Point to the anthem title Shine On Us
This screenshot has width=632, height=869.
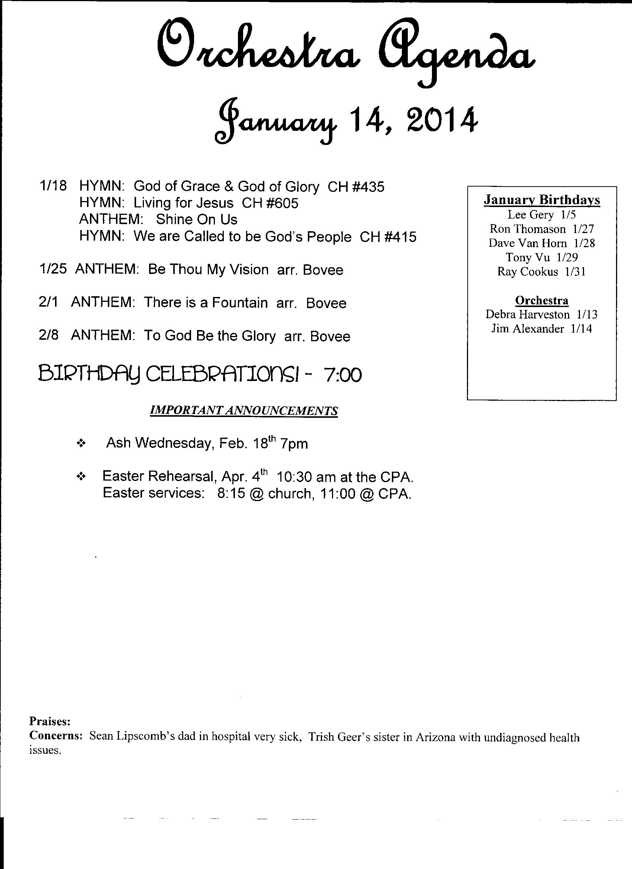coord(197,220)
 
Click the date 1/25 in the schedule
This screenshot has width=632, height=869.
coord(53,269)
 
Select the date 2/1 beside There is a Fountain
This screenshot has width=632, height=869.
coord(48,302)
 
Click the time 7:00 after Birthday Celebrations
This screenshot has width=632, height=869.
coord(343,375)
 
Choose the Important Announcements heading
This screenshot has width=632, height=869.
coord(244,410)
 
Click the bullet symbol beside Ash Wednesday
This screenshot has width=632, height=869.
coord(81,444)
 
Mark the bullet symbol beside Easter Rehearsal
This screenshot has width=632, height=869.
coord(81,477)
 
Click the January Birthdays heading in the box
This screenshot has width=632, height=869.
coord(542,200)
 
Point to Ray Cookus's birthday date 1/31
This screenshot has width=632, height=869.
coord(575,272)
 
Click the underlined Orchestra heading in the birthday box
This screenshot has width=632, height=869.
coord(542,300)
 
